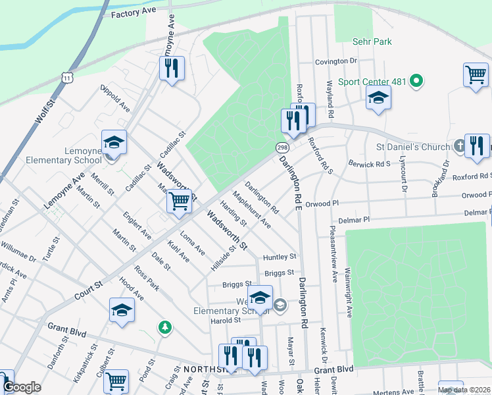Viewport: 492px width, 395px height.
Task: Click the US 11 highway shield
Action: coord(68,78)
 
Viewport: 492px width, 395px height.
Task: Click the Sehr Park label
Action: coord(373,41)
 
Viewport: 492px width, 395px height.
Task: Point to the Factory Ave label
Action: coord(134,14)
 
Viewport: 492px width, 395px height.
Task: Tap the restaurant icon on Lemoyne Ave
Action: coord(172,68)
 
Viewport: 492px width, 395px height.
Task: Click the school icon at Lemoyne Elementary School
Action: coord(114,142)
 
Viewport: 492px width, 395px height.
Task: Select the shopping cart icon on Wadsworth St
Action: coord(180,202)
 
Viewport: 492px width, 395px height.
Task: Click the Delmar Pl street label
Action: coord(355,219)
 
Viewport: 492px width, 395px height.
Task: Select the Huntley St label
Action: coord(280,257)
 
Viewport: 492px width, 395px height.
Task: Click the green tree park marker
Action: coord(164,327)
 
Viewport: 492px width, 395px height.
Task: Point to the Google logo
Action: coord(22,388)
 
